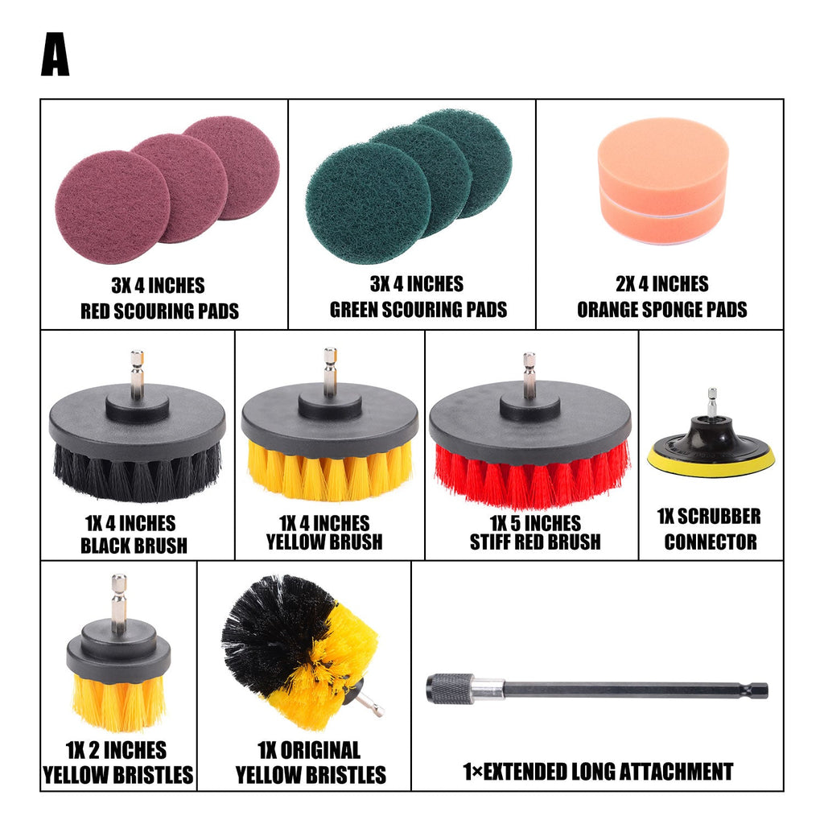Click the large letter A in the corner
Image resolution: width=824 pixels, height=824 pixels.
pyautogui.click(x=56, y=54)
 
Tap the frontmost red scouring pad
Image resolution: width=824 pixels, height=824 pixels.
pyautogui.click(x=113, y=207)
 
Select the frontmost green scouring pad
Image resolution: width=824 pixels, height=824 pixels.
pyautogui.click(x=368, y=203)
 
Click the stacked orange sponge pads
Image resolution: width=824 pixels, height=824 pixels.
pyautogui.click(x=663, y=180)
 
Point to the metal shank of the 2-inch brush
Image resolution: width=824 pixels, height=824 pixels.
pyautogui.click(x=119, y=603)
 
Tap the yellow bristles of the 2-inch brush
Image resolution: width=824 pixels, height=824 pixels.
pyautogui.click(x=119, y=703)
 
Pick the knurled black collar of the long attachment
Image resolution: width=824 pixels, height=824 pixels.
pyautogui.click(x=449, y=689)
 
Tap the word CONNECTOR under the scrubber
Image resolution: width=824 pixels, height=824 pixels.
pyautogui.click(x=711, y=542)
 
